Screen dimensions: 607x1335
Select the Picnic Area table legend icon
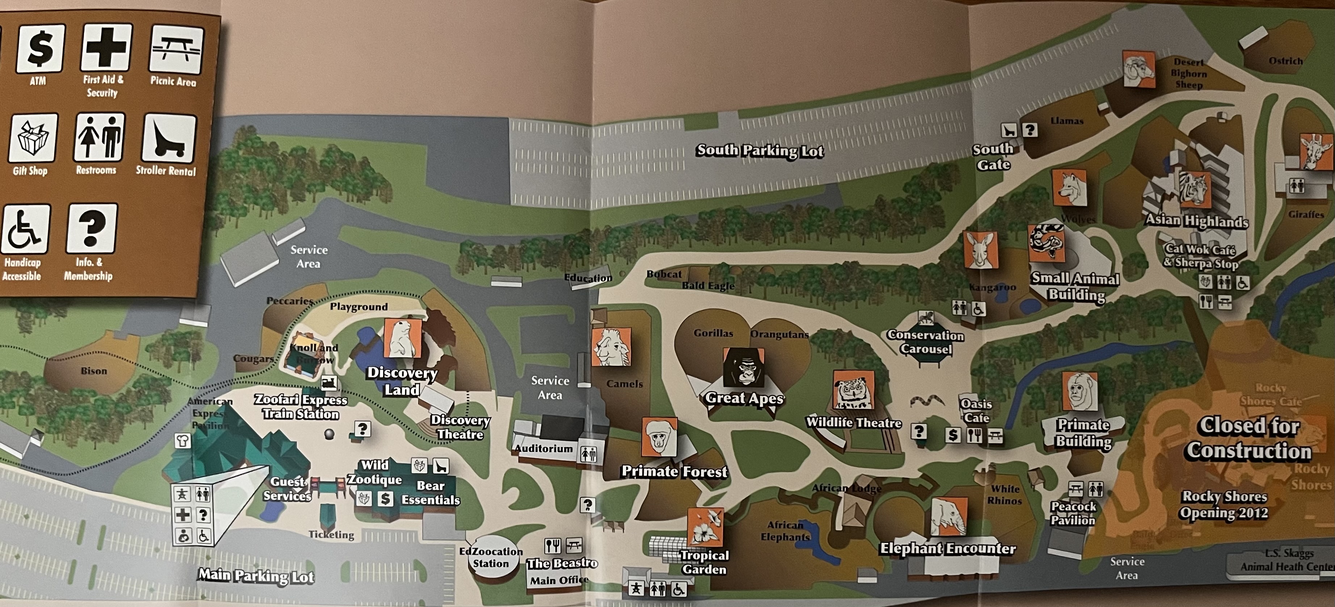176,49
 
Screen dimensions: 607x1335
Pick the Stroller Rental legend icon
169,139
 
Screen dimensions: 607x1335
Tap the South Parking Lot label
760,151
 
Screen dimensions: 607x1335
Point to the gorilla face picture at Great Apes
744,367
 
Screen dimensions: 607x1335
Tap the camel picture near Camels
612,348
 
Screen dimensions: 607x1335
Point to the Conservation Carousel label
925,342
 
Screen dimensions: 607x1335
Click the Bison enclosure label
94,371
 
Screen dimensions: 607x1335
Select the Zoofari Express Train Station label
301,407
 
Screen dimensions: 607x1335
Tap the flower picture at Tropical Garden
705,527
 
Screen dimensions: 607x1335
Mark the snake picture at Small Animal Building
1046,243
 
